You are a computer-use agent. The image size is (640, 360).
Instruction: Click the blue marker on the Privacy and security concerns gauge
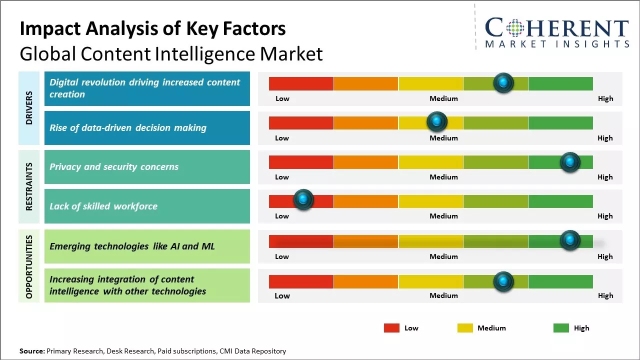(569, 162)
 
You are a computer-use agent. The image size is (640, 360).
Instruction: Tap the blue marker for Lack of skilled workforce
(302, 199)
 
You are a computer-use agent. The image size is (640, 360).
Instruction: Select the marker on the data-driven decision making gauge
(436, 121)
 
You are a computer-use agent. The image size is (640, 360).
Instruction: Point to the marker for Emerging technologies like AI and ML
(569, 240)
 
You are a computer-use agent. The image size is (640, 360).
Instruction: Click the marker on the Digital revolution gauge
(503, 82)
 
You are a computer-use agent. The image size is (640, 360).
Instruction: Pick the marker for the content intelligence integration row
(503, 281)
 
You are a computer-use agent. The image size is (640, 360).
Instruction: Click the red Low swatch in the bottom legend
(391, 328)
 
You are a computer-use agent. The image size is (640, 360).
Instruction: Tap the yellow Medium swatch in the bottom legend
(465, 328)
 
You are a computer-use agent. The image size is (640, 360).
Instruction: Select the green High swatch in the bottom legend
(561, 328)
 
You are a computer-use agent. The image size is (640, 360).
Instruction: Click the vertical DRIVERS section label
(29, 108)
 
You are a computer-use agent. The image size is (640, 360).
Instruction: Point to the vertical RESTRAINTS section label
(29, 186)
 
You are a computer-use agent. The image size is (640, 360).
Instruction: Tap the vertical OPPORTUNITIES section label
(29, 266)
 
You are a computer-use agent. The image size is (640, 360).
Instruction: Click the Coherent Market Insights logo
(556, 33)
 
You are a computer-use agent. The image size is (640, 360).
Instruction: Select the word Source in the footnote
(32, 351)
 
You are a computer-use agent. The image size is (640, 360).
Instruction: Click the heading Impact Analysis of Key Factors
(152, 29)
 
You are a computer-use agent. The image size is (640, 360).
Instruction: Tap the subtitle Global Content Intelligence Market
(171, 54)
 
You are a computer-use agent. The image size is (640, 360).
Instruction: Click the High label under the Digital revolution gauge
(605, 98)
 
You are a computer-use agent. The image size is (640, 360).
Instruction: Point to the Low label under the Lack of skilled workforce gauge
(282, 216)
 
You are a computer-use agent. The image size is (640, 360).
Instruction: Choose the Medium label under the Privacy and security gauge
(443, 177)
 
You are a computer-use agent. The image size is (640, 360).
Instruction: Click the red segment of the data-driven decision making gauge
(301, 123)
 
